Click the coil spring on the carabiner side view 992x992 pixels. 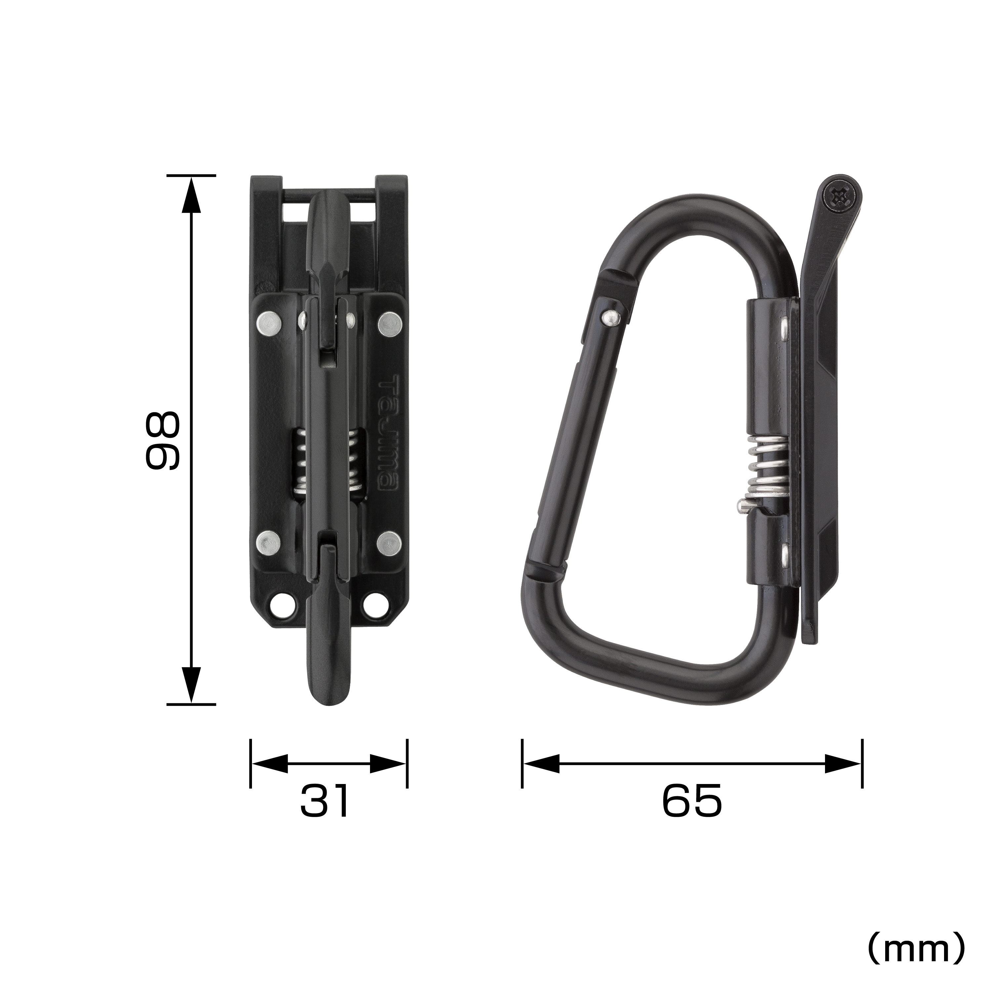tap(766, 471)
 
